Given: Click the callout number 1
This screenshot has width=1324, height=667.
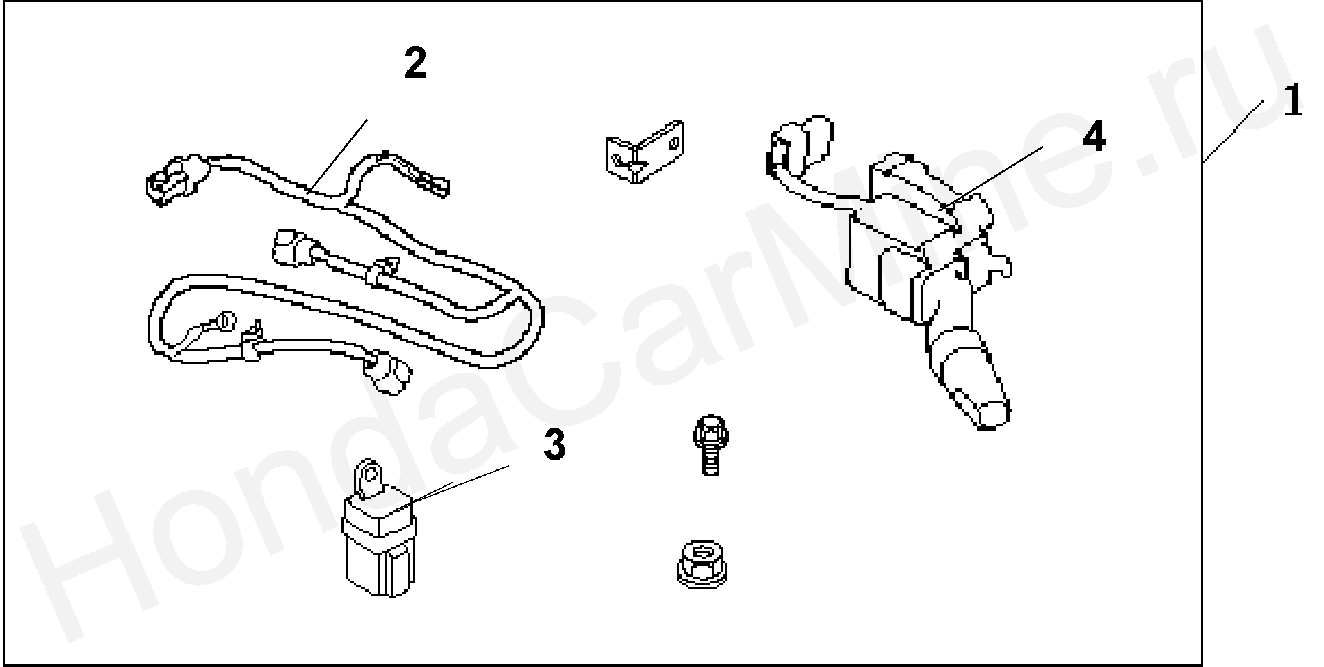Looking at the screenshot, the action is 1292,102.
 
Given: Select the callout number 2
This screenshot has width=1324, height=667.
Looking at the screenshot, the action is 415,64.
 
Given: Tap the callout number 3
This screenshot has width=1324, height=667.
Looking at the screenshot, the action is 554,445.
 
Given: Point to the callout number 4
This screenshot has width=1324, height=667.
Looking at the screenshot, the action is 1093,136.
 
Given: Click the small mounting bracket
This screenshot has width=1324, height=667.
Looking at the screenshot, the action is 643,151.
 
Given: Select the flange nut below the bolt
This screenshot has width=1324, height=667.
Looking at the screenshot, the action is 704,564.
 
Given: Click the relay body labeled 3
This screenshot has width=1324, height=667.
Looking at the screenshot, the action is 378,536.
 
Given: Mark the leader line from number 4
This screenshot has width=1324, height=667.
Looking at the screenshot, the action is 990,177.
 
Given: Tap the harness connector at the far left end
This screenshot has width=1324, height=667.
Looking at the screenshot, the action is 174,182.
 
